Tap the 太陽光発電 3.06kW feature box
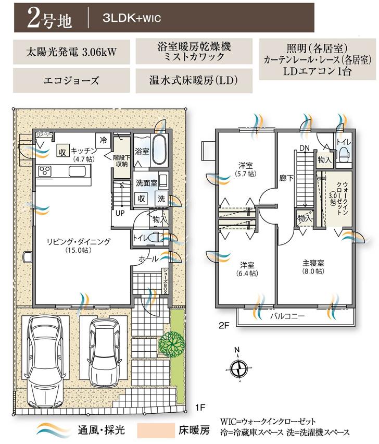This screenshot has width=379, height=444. pos(71,52)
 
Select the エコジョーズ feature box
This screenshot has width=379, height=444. pos(71,81)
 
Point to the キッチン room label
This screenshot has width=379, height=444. pos(83,149)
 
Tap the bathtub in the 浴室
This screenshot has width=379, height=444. pos(159,143)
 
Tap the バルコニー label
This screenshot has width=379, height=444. pos(287,316)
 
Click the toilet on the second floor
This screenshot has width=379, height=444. pos(344,152)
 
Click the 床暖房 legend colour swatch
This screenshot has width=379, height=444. pos(155,430)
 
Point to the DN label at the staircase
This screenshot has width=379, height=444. pos(303,148)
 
